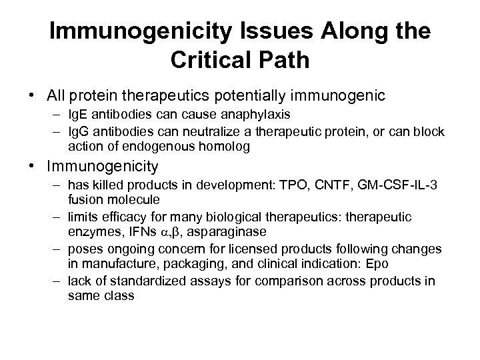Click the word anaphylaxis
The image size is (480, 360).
pyautogui.click(x=242, y=117)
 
